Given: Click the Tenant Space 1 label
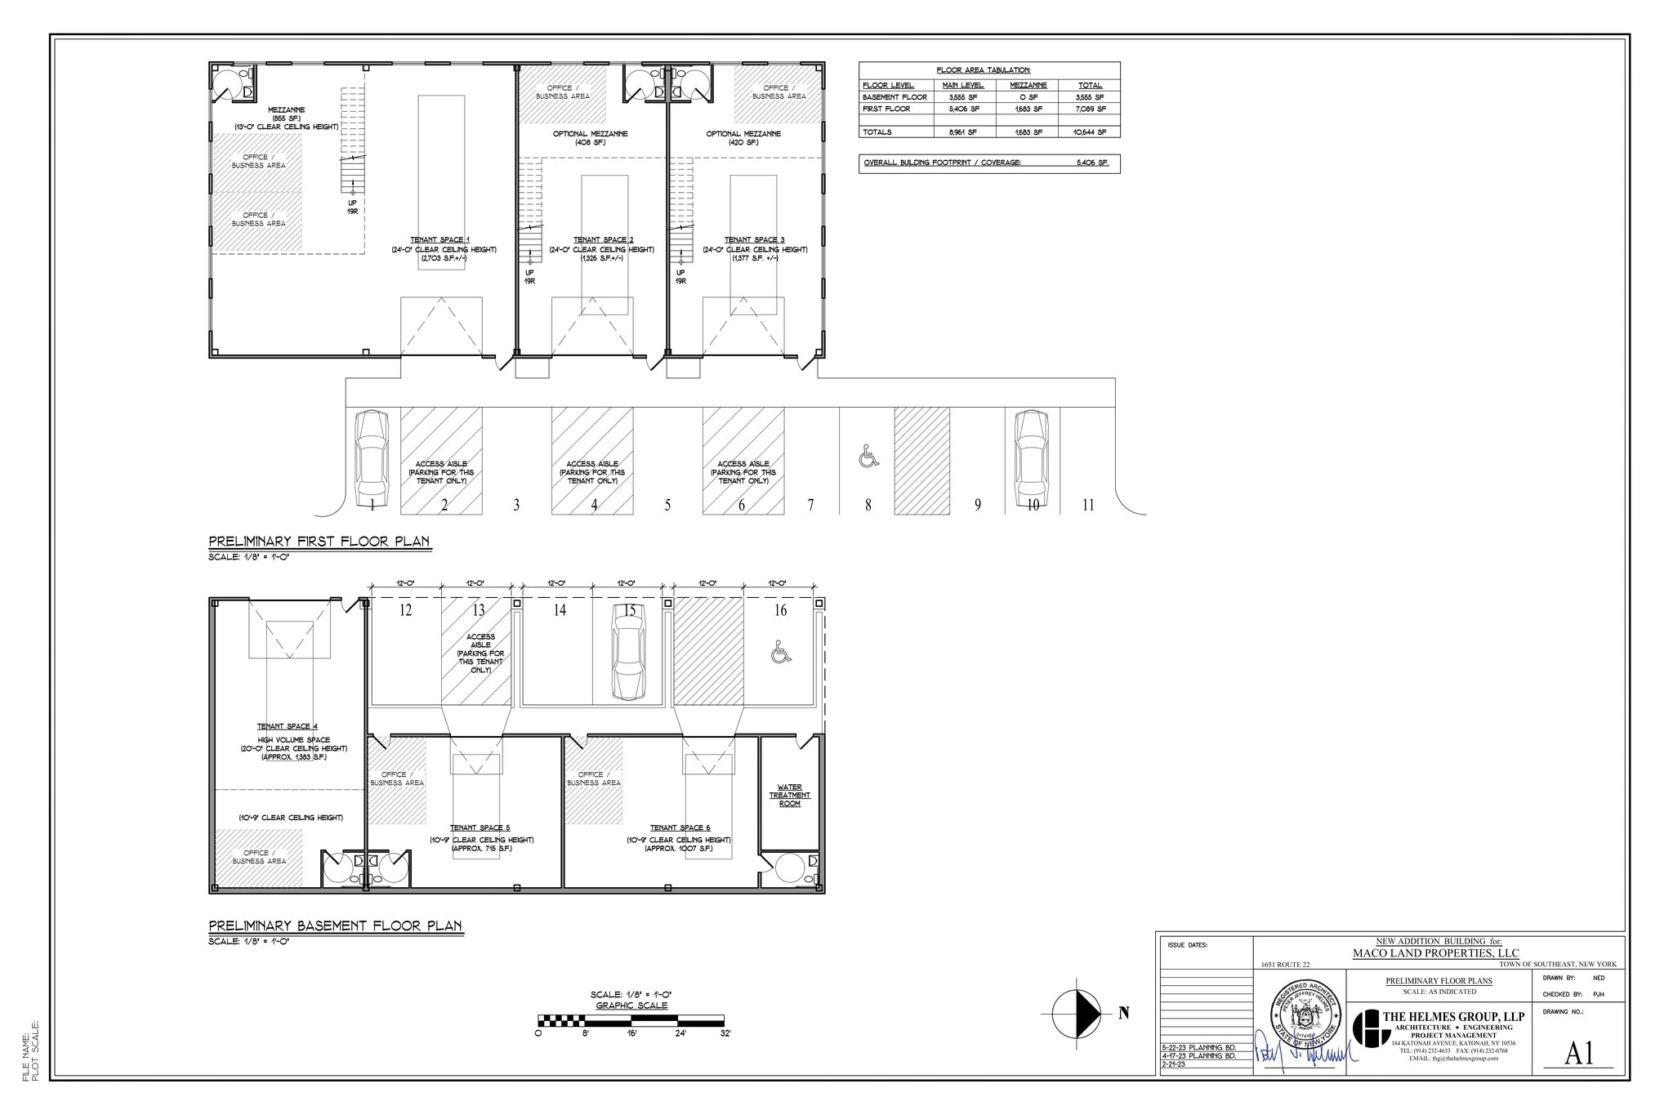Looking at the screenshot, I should pos(442,239).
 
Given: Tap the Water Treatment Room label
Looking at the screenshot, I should pos(789,796).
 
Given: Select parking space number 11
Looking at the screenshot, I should pos(1087,505).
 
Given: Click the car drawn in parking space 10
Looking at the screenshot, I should pos(1031,458).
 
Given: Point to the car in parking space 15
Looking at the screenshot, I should pos(628,653).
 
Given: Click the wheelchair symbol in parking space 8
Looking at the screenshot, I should pos(868,457).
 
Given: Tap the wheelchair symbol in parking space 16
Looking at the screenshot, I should pos(781,652).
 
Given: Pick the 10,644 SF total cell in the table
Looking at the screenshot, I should pos(1090,132).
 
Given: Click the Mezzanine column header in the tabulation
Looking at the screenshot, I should pos(1028,85).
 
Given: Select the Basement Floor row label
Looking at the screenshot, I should pos(894,97).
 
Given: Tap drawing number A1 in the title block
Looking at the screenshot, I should pos(1578,1054).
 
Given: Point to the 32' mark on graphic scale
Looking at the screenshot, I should pos(725,1033).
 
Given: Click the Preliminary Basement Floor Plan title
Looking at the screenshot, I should pos(335,925).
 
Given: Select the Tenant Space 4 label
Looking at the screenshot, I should pos(288,726).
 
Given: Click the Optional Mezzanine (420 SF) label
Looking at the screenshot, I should pos(743,137).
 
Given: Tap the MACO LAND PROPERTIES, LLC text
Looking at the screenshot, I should pos(1435,952).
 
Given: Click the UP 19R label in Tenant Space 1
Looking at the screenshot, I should pos(353,207).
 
